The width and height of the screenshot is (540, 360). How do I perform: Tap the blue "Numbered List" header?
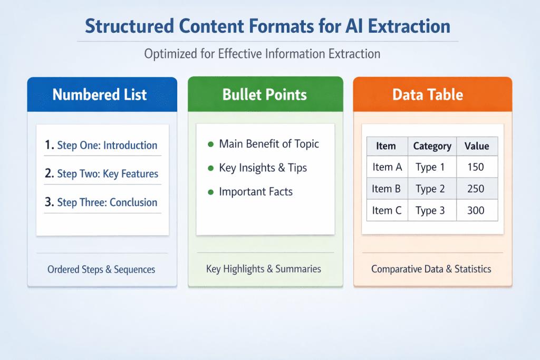100,95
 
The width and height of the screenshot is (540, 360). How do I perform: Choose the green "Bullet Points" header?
265,95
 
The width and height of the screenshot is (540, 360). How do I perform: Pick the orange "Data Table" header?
428,95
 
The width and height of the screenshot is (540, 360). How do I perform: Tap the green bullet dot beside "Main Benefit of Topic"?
211,144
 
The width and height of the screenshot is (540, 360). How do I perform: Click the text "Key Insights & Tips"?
263,168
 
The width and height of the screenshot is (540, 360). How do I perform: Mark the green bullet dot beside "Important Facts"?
211,192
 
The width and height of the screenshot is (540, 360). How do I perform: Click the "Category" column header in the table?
432,146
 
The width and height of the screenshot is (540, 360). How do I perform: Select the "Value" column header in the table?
477,146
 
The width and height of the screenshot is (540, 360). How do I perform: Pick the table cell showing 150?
475,168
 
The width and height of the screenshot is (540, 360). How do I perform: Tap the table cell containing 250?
475,189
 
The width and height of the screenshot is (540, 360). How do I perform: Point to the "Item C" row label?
387,210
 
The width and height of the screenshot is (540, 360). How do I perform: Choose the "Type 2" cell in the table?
430,189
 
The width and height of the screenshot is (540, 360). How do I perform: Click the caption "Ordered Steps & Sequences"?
101,269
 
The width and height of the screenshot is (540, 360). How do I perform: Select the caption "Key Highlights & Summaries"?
264,269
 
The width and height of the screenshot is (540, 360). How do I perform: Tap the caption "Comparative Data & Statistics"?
431,269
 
